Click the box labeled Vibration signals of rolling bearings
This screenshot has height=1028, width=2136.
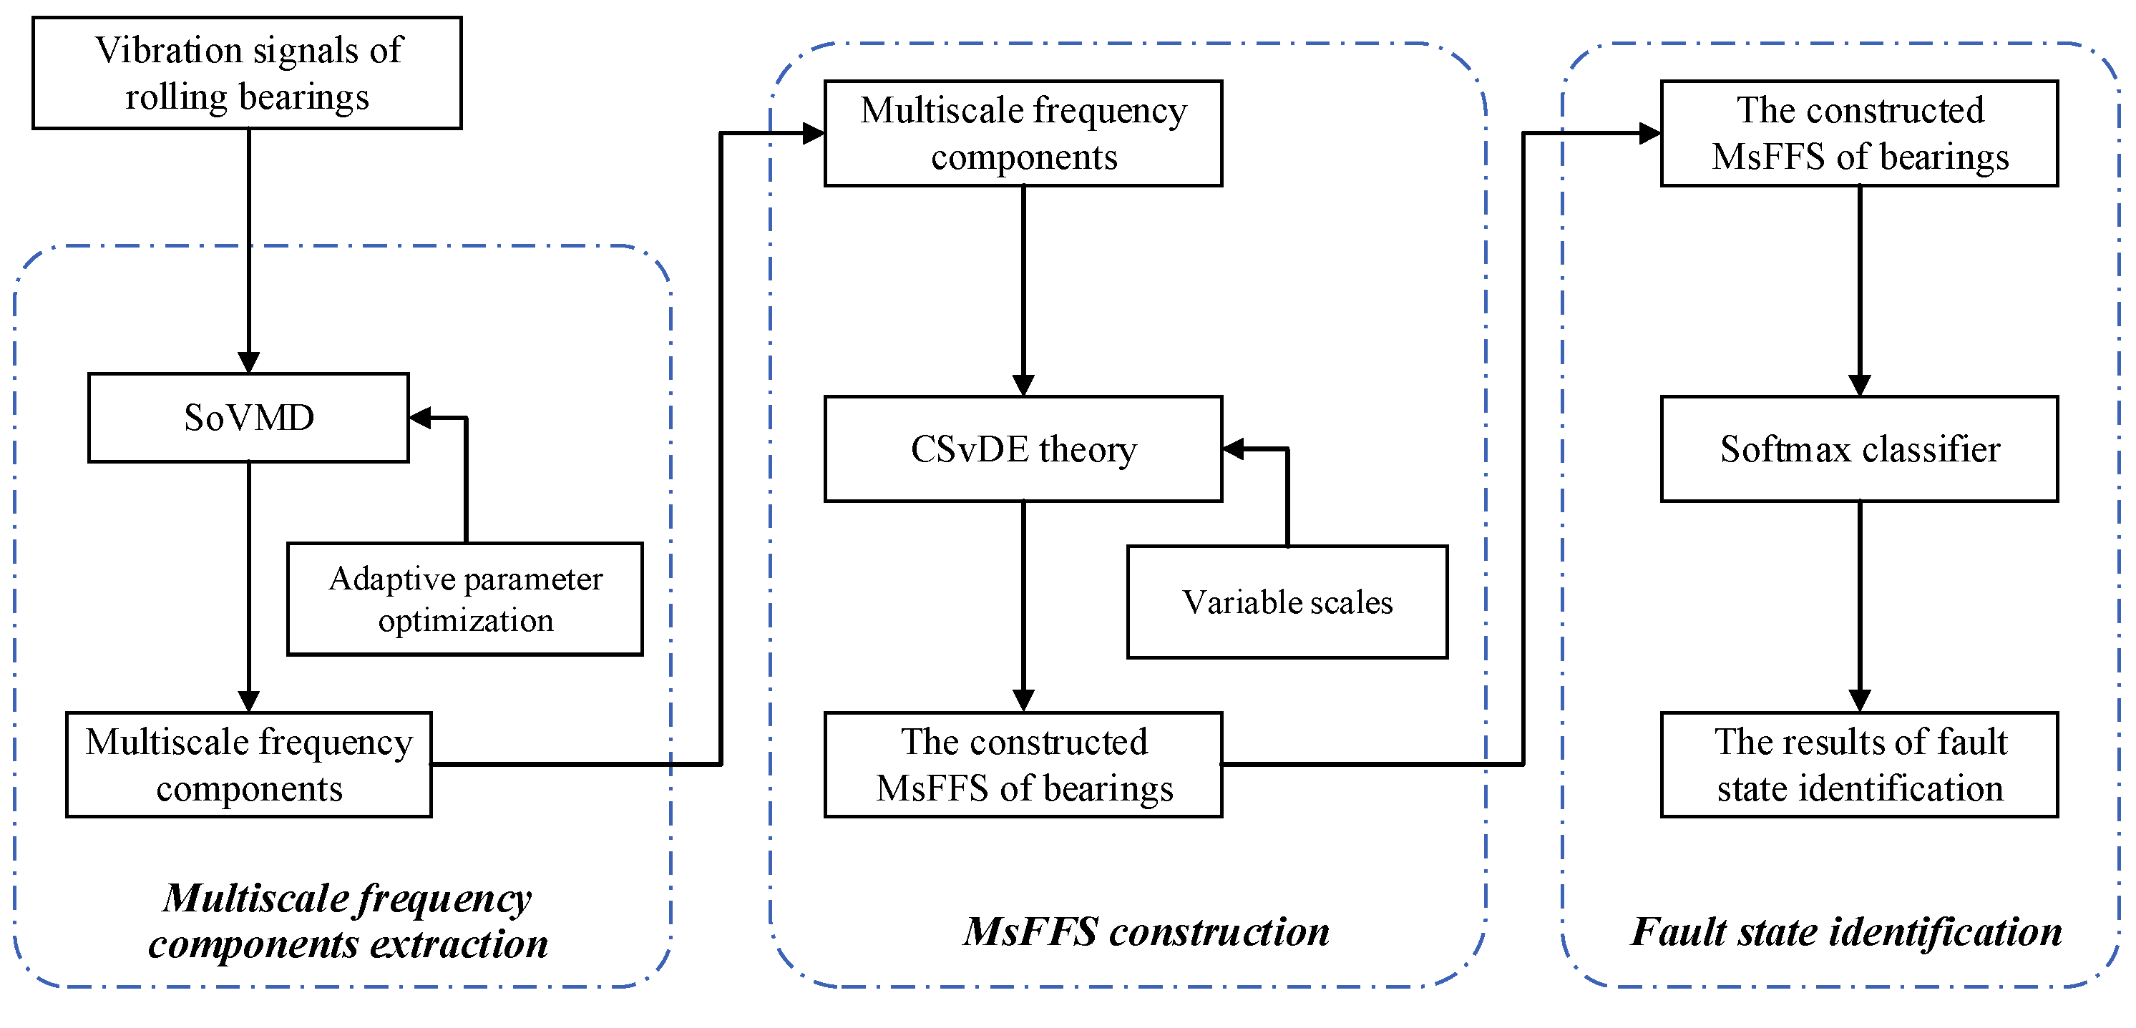click(x=247, y=73)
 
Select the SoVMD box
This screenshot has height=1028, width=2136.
click(x=249, y=418)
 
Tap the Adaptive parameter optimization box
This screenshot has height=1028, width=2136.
click(x=465, y=599)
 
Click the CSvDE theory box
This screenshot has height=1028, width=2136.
click(x=1023, y=449)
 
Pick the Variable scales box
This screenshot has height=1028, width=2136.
click(x=1287, y=602)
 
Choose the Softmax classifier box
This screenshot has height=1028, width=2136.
click(x=1859, y=449)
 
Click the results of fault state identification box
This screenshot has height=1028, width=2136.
click(x=1859, y=764)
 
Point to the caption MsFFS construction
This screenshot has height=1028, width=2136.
click(x=1146, y=932)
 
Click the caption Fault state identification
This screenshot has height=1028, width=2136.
click(x=1845, y=932)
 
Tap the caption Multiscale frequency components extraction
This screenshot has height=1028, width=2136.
click(x=348, y=920)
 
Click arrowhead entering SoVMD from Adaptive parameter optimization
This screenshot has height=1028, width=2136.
click(x=420, y=418)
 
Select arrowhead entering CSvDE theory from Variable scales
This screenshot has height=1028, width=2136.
click(x=1234, y=449)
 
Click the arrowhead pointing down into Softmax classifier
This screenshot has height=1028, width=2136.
click(x=1859, y=386)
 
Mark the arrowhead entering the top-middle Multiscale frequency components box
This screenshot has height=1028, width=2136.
click(x=814, y=132)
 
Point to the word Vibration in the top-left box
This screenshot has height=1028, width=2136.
click(x=168, y=51)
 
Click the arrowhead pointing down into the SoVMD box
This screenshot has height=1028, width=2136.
click(x=249, y=362)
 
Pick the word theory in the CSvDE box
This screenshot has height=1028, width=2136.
click(x=1087, y=449)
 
